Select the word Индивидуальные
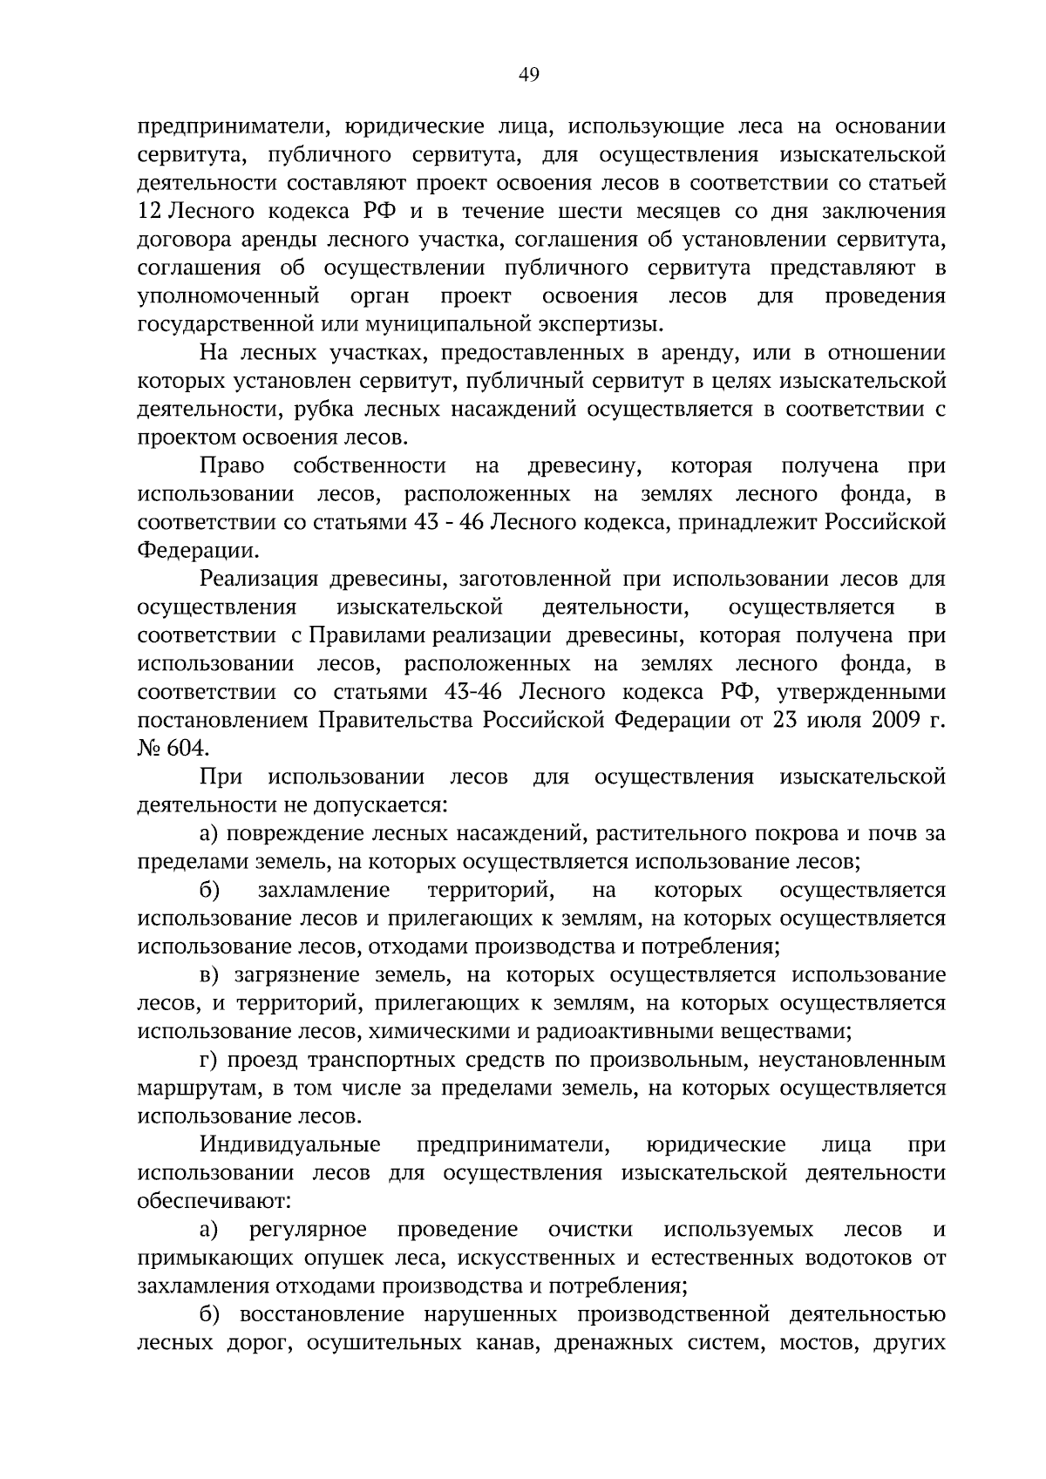coord(289,1144)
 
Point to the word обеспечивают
coord(214,1201)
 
